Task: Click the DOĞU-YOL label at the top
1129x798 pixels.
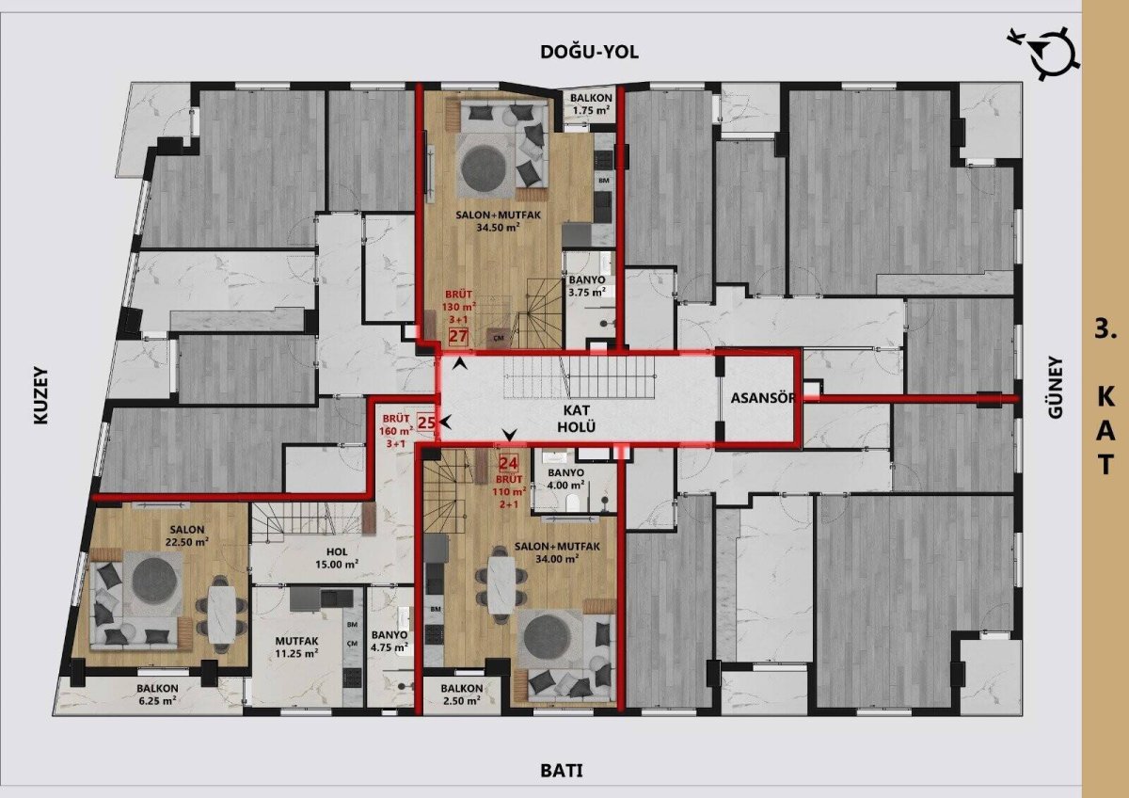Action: coord(589,52)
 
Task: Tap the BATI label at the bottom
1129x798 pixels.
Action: coord(562,771)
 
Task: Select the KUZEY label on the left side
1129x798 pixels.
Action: coord(41,396)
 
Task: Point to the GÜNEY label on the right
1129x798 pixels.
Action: coord(1056,387)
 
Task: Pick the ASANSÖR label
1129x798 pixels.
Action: coord(763,398)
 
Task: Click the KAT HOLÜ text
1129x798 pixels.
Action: coord(576,419)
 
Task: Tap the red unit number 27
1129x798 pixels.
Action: coord(458,336)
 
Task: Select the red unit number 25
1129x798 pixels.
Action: coord(426,423)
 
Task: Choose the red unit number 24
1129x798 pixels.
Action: coord(509,463)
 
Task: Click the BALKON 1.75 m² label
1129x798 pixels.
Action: coord(591,104)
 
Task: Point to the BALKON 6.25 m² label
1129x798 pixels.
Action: coord(157,694)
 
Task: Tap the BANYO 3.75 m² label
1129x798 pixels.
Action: coord(587,286)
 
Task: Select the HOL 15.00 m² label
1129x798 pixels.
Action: coord(337,558)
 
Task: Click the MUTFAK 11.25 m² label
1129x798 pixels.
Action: coord(296,647)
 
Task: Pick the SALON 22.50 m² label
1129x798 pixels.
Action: coord(187,535)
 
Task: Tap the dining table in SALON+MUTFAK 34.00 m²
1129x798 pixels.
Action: coord(501,584)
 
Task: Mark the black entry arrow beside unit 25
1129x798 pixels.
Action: coord(445,421)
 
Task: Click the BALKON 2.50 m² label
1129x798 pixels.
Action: coord(462,694)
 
